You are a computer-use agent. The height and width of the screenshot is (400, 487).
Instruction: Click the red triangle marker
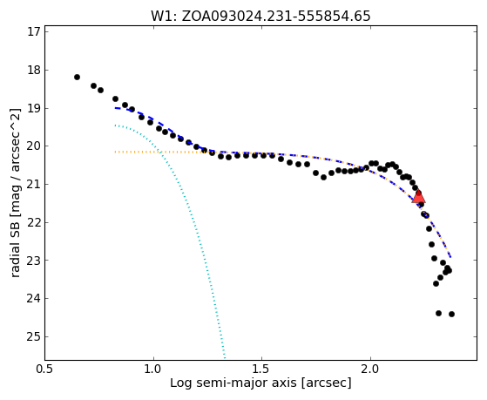point(418,197)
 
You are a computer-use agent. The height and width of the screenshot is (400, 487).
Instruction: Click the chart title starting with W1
point(260,17)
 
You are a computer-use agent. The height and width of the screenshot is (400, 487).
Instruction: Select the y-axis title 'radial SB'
point(15,193)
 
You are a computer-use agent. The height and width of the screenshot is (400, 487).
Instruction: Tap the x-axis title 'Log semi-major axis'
point(260,383)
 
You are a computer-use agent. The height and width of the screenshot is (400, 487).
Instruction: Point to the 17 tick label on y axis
point(34,32)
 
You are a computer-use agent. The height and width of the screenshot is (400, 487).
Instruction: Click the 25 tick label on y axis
point(34,336)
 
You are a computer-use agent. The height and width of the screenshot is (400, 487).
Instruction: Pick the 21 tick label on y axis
point(34,184)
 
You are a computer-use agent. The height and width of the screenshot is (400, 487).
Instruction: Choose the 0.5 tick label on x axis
point(45,369)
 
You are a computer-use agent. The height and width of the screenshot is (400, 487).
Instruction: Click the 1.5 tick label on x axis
point(262,369)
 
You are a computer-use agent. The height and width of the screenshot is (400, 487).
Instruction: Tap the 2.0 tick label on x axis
point(370,369)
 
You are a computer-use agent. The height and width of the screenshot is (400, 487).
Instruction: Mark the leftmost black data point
point(77,77)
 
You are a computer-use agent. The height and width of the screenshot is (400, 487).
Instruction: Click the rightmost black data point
point(451,315)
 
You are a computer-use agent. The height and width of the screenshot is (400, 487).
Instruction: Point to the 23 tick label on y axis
point(34,261)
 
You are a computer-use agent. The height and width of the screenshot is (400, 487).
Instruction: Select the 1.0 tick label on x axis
point(153,369)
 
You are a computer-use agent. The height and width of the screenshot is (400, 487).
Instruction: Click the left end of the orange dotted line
point(115,152)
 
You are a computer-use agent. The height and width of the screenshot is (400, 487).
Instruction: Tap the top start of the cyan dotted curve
point(115,125)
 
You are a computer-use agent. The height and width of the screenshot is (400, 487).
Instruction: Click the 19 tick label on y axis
point(34,108)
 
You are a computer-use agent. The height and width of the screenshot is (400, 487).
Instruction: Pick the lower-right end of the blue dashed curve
point(450,257)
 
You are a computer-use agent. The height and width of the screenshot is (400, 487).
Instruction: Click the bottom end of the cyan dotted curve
point(224,357)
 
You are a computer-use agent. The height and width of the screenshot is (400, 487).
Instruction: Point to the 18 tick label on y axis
point(34,71)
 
